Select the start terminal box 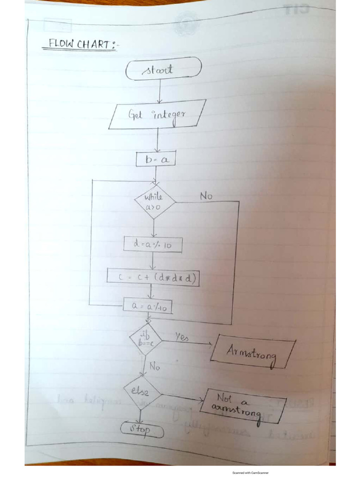pos(164,69)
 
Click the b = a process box pos(156,159)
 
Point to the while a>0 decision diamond pos(155,202)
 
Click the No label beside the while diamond pos(206,196)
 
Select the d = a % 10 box pos(153,244)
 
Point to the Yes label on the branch pos(182,337)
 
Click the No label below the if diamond pos(155,366)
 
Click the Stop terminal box pos(142,429)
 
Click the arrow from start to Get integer pos(160,90)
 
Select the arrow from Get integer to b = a pos(157,141)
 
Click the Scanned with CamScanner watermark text pos(250,472)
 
